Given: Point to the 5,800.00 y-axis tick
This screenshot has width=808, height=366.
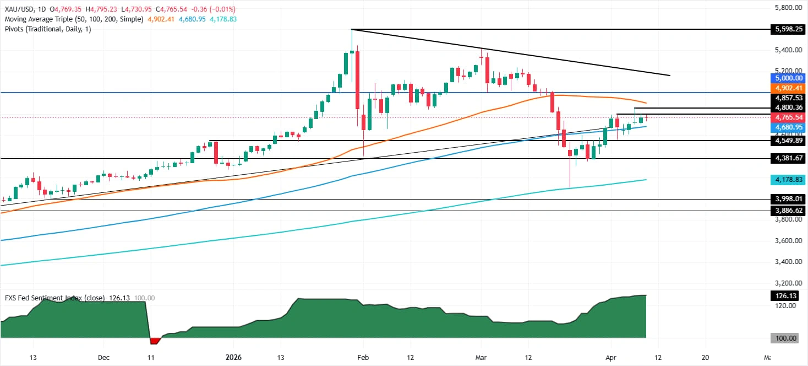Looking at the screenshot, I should point(783,8).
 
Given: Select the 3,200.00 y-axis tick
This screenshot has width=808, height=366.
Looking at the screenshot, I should point(783,283).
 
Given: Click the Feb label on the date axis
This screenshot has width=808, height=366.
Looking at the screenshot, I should point(363,357).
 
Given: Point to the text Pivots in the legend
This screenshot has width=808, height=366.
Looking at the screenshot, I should point(14,29).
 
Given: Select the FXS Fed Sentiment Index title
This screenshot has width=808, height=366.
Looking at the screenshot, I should point(43,298).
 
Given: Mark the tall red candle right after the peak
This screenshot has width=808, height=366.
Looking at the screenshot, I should point(357,80).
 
